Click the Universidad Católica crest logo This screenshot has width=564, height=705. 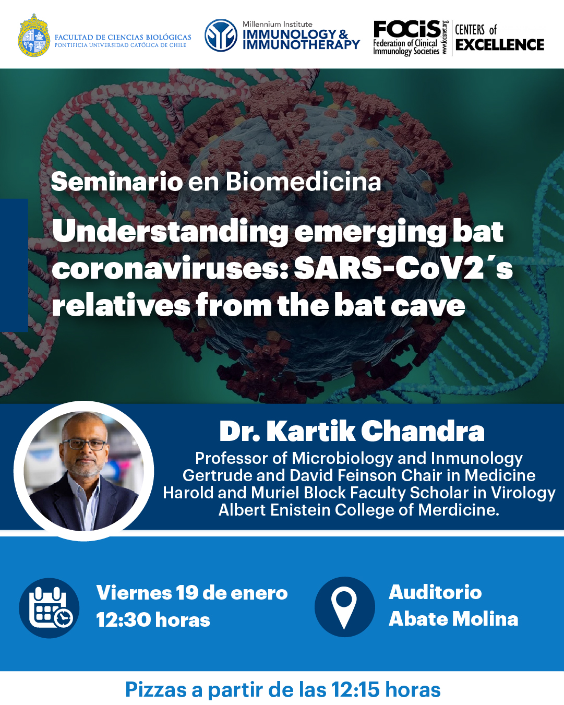coord(34,35)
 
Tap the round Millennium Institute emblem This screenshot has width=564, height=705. coord(221,35)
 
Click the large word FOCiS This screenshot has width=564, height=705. coord(407,29)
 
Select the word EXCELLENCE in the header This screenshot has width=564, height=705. coord(500,45)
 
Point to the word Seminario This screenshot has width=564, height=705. coord(116,182)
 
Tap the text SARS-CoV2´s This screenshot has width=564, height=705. coord(403,269)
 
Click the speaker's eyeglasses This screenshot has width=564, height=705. coord(84,445)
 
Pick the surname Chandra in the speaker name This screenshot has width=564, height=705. coord(423,432)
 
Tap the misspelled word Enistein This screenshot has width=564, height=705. coord(300,510)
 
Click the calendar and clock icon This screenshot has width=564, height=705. coord(50,608)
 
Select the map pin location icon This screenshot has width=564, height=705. coord(344,607)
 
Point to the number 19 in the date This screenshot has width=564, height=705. coord(187,593)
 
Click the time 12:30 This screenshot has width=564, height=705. coord(123,620)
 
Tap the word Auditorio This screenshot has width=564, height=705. coord(435,592)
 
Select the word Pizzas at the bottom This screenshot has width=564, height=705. coord(156,689)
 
